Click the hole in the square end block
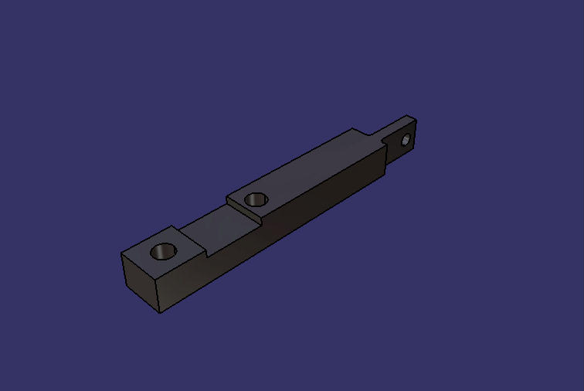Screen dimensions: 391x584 pyautogui.click(x=164, y=251)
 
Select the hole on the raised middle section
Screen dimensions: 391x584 pyautogui.click(x=256, y=199)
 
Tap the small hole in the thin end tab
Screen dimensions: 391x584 pyautogui.click(x=405, y=141)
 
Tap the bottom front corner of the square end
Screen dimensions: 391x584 pyautogui.click(x=160, y=313)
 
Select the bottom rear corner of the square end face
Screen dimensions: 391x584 pyautogui.click(x=124, y=286)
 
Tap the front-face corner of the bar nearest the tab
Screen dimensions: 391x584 pyautogui.click(x=385, y=172)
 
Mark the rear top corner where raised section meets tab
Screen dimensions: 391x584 pyautogui.click(x=354, y=129)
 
